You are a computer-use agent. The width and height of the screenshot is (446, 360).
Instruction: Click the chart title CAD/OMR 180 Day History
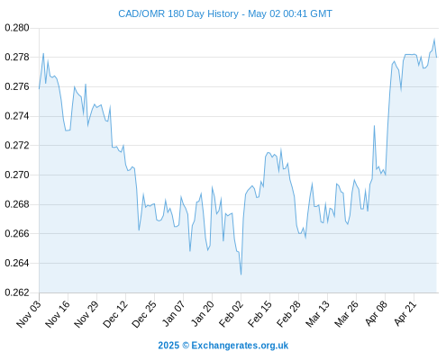(x=178, y=13)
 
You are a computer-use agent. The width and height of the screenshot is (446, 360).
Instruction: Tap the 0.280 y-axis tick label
(x=17, y=28)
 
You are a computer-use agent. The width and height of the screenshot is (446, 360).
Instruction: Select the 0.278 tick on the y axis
(x=17, y=57)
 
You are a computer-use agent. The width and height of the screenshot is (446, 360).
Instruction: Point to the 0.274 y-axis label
(x=17, y=116)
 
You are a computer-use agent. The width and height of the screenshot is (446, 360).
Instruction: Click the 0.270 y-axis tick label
(x=17, y=175)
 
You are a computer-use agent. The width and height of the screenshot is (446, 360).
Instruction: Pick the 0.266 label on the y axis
(x=17, y=233)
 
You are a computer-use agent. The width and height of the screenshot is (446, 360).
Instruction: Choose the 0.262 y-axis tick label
(x=17, y=292)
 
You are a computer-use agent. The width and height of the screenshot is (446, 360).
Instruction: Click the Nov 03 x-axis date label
(x=29, y=314)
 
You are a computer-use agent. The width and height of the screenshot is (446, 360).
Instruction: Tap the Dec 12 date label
(x=115, y=314)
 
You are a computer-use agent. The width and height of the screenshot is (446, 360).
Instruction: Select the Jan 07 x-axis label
(x=173, y=314)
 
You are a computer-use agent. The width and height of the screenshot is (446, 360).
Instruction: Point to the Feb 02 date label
(x=231, y=314)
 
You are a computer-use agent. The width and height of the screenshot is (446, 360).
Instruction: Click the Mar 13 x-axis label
(x=317, y=314)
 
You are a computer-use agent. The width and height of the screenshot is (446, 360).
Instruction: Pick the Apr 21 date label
(x=405, y=313)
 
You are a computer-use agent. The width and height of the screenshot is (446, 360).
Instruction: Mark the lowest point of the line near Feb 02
(x=241, y=274)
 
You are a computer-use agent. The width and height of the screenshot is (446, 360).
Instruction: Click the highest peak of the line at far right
(x=434, y=39)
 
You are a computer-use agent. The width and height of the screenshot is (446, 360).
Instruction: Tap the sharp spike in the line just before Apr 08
(x=374, y=126)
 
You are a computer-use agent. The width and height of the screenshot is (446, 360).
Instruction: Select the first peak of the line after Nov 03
(x=43, y=54)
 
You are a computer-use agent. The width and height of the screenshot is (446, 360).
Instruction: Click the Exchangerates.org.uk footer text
(x=240, y=346)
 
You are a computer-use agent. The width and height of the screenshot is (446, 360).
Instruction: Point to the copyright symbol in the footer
(x=186, y=346)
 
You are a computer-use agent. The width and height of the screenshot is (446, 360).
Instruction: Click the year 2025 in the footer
(x=168, y=346)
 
